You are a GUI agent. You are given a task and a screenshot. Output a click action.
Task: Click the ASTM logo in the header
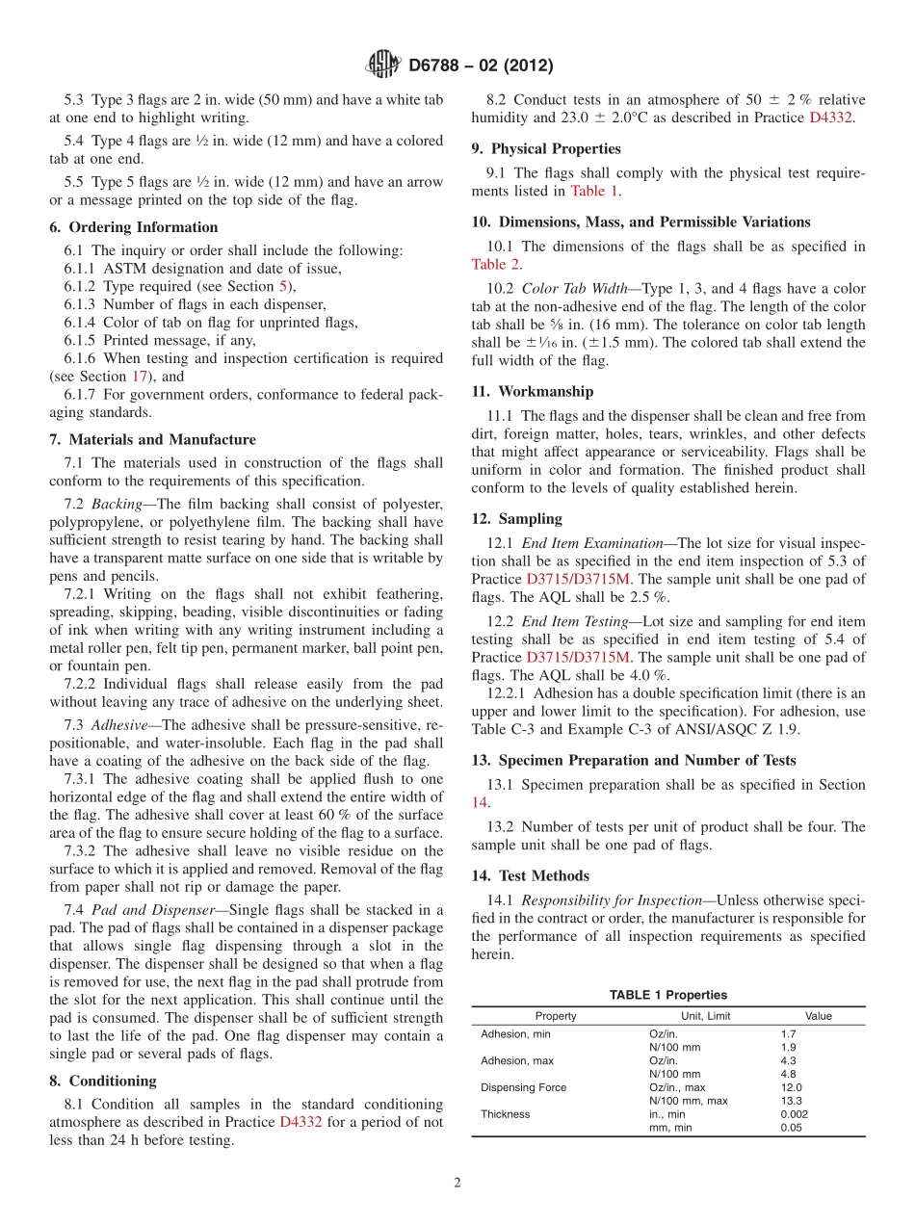point(382,65)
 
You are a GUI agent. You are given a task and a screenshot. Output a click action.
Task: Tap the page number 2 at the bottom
point(457,1183)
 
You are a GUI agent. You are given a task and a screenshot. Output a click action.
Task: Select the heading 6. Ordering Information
point(134,227)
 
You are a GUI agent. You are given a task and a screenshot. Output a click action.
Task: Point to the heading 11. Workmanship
point(533,391)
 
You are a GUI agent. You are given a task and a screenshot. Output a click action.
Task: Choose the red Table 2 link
point(495,264)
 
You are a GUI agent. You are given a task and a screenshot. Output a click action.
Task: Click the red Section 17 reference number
point(141,377)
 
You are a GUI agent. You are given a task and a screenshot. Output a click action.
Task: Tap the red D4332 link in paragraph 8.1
point(300,1122)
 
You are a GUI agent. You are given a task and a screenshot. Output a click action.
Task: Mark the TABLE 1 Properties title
point(667,995)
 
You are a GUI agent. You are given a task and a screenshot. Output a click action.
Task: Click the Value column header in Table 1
point(818,1016)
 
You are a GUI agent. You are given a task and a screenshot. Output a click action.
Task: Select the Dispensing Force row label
point(523,1087)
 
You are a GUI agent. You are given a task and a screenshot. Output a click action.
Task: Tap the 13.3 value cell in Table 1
point(791,1101)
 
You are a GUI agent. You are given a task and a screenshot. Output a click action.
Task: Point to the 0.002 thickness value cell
point(795,1114)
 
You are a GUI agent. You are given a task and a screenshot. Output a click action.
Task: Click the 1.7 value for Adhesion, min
point(788,1033)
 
